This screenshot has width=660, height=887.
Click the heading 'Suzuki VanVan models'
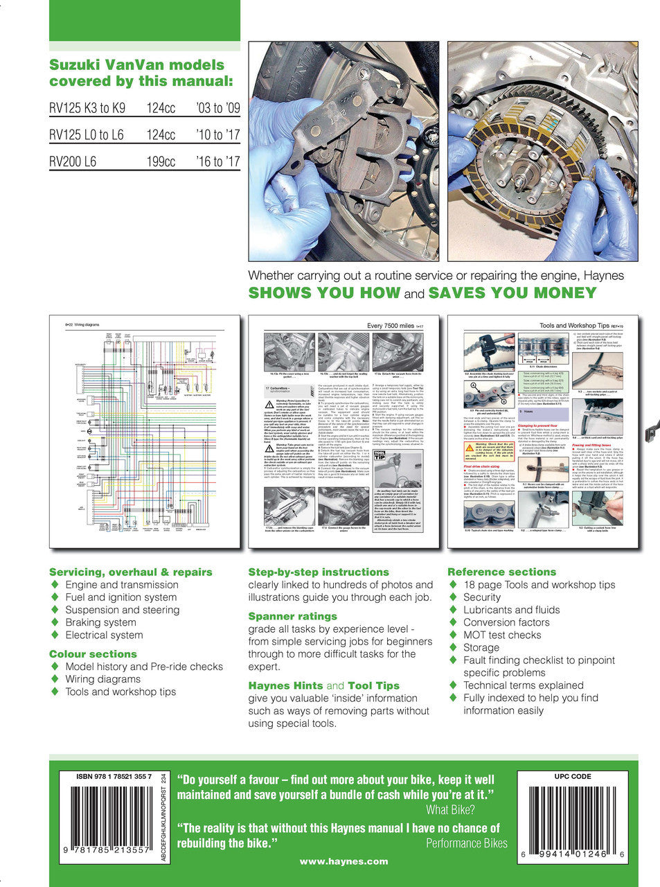point(136,65)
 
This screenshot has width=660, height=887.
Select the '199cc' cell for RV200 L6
point(161,162)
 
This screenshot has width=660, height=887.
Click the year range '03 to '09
point(217,108)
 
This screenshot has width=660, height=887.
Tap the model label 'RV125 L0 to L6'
point(86,135)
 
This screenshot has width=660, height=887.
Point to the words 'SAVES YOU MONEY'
point(512,292)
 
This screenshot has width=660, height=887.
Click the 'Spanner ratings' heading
point(292,616)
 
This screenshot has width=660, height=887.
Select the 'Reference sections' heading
point(501,572)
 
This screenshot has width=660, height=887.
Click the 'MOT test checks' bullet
point(501,635)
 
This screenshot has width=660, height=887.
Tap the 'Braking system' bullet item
point(100,622)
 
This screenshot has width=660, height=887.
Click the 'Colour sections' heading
point(93,653)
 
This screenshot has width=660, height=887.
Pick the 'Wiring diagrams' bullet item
point(102,679)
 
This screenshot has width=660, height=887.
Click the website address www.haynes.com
point(344,861)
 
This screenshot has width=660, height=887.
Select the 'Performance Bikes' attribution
point(466,843)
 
